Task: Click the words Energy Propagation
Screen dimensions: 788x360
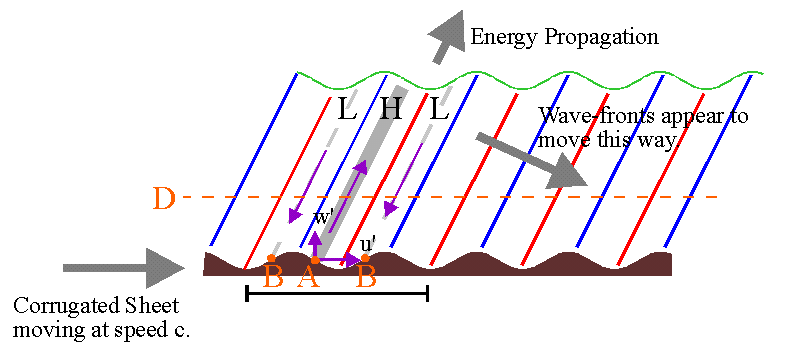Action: tap(564, 38)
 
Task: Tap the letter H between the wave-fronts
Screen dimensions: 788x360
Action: tap(391, 109)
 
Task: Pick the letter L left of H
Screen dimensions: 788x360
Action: tap(347, 109)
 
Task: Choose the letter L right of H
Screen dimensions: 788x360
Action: tap(439, 109)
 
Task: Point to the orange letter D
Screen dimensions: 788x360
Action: tap(164, 199)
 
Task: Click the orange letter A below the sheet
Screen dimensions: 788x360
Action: tap(308, 278)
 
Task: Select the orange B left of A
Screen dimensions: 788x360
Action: tap(273, 278)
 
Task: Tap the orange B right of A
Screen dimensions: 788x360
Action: tap(366, 278)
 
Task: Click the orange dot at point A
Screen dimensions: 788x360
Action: tap(315, 260)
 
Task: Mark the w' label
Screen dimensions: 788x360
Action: tap(322, 218)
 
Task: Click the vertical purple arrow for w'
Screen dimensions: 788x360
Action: tap(315, 245)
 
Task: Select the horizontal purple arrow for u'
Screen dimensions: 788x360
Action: tap(338, 260)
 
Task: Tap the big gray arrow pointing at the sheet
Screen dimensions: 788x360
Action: tap(124, 268)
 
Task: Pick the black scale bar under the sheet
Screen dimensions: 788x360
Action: tap(337, 294)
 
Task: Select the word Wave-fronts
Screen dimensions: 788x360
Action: tap(597, 116)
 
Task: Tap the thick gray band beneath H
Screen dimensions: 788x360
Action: tap(363, 172)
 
